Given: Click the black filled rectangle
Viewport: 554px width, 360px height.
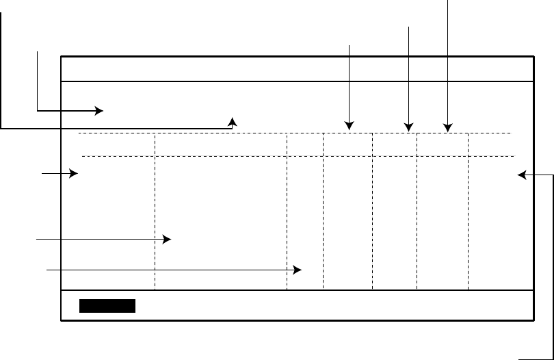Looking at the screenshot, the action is tap(107, 306).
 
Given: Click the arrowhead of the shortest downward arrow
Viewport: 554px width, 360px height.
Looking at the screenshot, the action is tap(349, 127).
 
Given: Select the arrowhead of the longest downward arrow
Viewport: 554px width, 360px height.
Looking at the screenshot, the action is tap(447, 127).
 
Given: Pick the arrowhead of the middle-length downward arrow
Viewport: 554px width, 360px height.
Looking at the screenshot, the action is tap(408, 127).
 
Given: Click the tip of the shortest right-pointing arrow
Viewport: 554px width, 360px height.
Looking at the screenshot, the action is tap(78, 175).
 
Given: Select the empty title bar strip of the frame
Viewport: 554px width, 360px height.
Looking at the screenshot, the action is tap(297, 69).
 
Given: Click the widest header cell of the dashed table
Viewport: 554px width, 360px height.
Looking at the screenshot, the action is tap(221, 144).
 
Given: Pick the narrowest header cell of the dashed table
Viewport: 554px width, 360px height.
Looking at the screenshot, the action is tap(304, 144).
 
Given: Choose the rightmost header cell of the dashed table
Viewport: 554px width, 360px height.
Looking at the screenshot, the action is tap(490, 144).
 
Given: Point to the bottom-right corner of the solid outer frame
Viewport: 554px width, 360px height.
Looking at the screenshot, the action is tap(533, 321).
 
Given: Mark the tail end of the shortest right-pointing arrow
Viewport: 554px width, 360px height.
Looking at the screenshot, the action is tap(42, 175).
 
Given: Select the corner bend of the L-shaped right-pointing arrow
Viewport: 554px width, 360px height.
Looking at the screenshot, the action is tap(37, 110).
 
